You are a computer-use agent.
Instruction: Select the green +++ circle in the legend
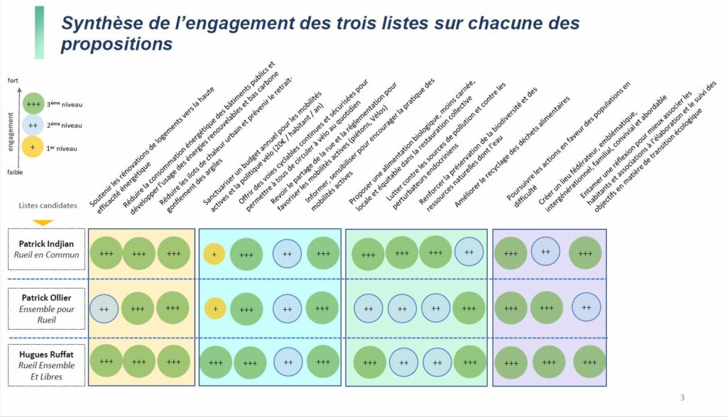pos(32,104)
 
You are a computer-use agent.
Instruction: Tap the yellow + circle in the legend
pos(32,148)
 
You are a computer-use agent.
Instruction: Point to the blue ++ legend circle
pos(32,126)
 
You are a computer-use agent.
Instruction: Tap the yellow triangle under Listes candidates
pos(43,221)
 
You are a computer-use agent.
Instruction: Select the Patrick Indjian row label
pos(47,249)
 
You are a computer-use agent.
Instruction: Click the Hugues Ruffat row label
pos(47,364)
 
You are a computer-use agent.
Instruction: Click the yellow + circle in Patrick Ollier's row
pos(215,308)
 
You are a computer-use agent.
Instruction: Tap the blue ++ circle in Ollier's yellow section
pos(104,308)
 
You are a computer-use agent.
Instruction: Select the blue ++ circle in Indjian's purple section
pos(546,251)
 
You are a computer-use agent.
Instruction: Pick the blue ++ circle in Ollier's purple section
pos(586,307)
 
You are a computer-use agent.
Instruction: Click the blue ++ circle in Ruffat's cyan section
pos(288,362)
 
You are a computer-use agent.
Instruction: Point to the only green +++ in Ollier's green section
pos(469,308)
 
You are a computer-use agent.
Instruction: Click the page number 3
pos(682,397)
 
